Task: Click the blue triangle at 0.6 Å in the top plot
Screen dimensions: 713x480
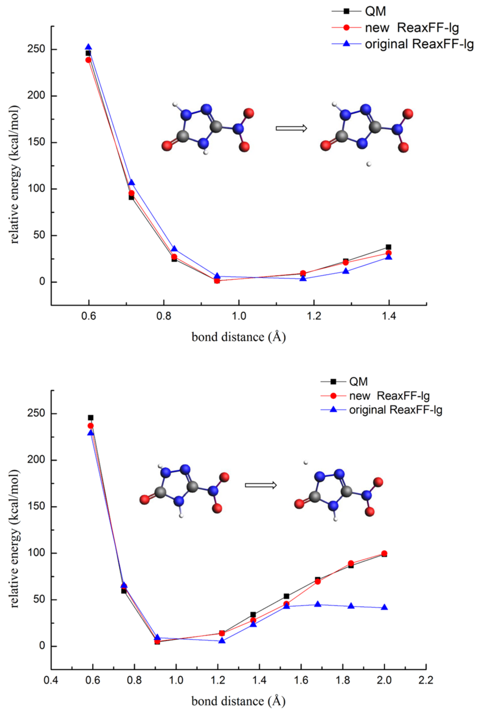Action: coord(88,47)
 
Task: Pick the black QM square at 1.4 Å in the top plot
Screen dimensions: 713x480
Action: coord(389,247)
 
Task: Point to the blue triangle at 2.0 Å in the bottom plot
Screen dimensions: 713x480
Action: coord(385,607)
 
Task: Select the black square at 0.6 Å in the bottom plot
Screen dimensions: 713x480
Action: coord(91,418)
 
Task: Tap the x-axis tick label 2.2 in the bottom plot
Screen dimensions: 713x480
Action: coord(426,681)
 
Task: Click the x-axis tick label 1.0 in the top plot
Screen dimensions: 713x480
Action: coord(239,316)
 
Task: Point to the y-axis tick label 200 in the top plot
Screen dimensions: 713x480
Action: coord(36,96)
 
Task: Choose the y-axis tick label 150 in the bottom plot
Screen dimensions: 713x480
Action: coord(36,507)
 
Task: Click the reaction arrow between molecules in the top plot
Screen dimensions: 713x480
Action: coord(291,128)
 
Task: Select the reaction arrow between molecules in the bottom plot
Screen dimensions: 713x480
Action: coord(261,485)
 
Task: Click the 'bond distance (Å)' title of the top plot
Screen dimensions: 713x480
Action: coord(238,337)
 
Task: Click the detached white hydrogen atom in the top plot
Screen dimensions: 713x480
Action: coord(369,164)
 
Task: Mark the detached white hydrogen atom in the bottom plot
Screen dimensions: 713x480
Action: coord(305,463)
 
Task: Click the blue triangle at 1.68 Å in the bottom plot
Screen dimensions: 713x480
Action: coord(318,604)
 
